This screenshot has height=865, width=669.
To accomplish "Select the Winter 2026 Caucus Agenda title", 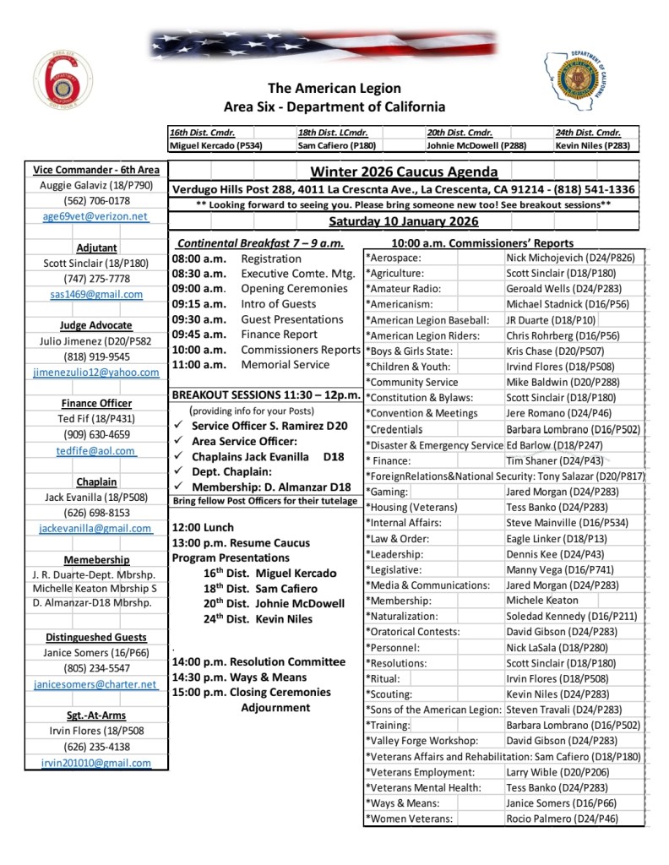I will pos(404,172).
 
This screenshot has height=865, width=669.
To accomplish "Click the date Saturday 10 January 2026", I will pos(404,222).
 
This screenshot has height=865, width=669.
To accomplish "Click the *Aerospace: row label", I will pos(394,258).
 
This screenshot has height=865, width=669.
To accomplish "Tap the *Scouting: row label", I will pos(391,694).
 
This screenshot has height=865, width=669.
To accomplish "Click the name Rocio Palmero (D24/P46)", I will pos(562,819).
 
